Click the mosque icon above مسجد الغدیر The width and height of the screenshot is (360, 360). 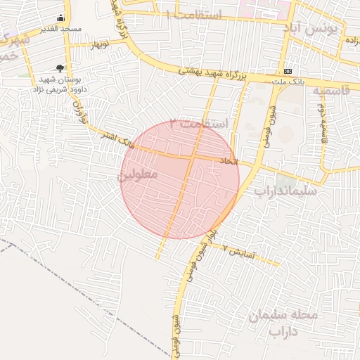pyautogui.click(x=60, y=19)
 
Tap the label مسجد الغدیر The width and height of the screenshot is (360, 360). pyautogui.click(x=61, y=29)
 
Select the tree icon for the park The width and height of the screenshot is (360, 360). pyautogui.click(x=60, y=69)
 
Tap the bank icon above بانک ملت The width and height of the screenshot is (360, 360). pyautogui.click(x=288, y=72)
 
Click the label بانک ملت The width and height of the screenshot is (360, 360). pyautogui.click(x=288, y=82)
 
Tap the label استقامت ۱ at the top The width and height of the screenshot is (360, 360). pyautogui.click(x=194, y=15)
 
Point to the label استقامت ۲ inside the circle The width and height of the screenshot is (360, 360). pyautogui.click(x=204, y=124)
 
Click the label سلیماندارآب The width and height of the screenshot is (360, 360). pyautogui.click(x=285, y=190)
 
